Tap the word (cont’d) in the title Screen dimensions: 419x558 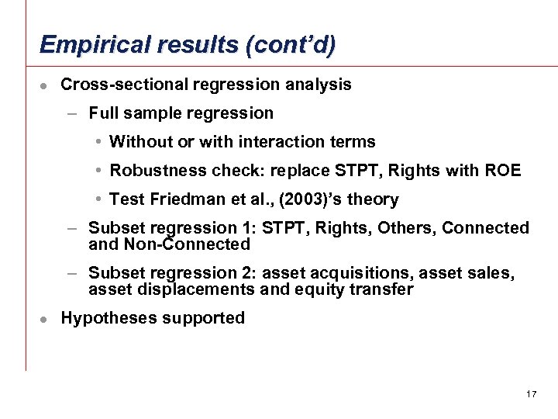[x=291, y=45]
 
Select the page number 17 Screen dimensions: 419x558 [x=531, y=394]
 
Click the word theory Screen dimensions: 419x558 [x=373, y=199]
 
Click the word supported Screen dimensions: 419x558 [x=202, y=318]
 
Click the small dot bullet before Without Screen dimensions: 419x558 [x=100, y=142]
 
